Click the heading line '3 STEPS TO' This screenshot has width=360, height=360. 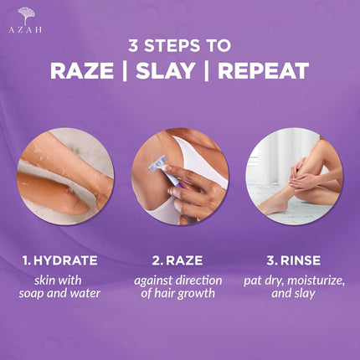pos(179,44)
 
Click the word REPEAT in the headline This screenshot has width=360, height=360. pos(263,71)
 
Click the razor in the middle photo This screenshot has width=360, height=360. pos(159,167)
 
